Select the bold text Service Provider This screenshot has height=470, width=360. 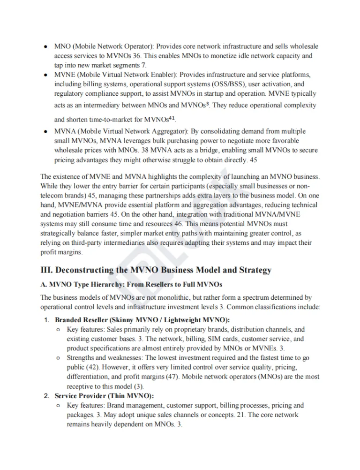78,396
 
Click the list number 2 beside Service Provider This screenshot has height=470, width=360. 46,396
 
